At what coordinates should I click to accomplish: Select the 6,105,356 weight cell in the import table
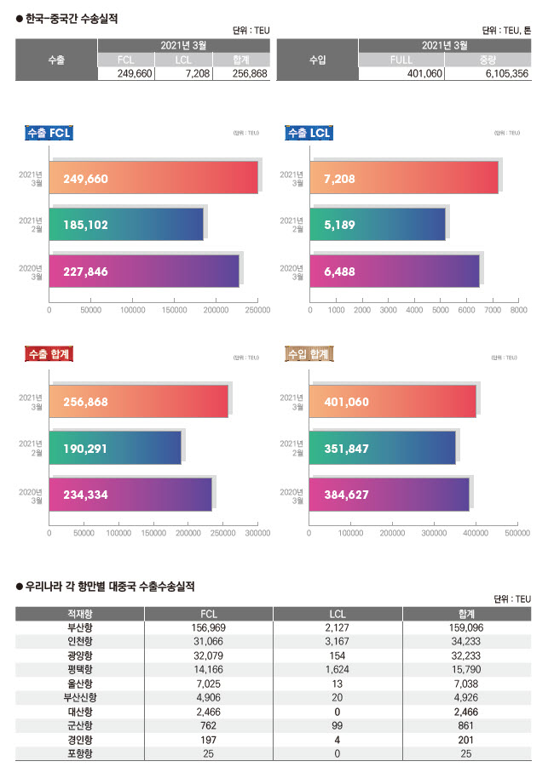(x=487, y=74)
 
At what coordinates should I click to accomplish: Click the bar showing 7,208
(x=404, y=178)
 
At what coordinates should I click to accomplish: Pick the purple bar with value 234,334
(x=130, y=495)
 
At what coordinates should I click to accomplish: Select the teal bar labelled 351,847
(x=390, y=448)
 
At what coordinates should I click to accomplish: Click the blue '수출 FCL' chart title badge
(x=49, y=133)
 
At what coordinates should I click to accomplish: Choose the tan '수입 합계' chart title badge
(x=308, y=354)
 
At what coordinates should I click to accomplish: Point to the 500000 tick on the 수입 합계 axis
(x=517, y=533)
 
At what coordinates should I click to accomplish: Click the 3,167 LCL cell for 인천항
(x=338, y=641)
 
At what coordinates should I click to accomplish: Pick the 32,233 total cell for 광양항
(x=466, y=655)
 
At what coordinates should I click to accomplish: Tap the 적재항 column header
(x=79, y=613)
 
